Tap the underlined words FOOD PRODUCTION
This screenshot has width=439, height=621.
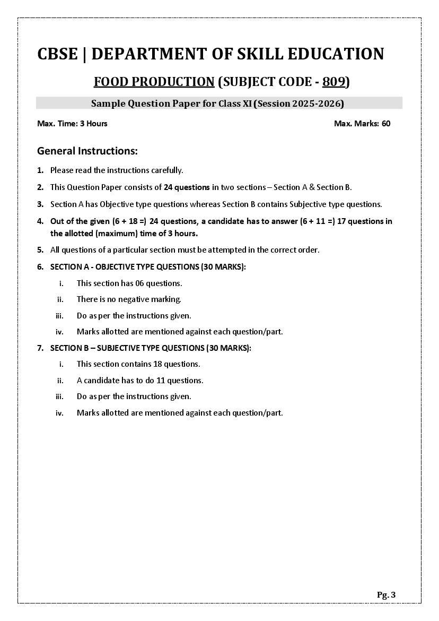point(154,82)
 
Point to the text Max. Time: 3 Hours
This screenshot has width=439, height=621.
point(72,124)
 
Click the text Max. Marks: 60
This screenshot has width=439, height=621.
point(362,124)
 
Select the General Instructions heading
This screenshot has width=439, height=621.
point(87,151)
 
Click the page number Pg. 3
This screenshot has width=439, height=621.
point(386,595)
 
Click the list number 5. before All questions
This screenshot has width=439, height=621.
point(40,250)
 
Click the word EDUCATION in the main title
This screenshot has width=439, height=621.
point(330,54)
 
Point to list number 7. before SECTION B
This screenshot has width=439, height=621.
point(40,348)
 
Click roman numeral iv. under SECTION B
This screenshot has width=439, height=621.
point(59,413)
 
